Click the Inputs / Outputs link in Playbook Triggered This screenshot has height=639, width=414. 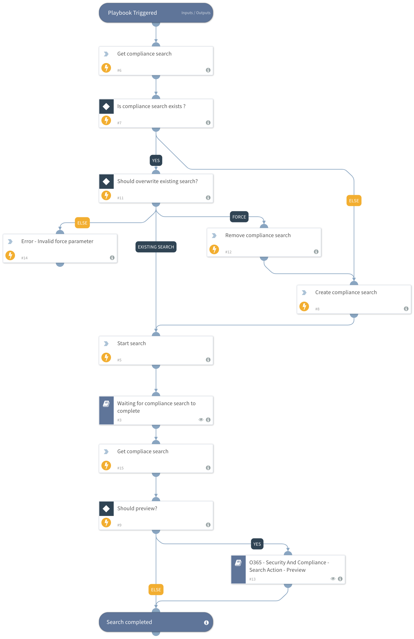point(196,13)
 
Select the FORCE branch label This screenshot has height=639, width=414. point(239,217)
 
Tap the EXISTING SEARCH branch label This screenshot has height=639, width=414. point(156,247)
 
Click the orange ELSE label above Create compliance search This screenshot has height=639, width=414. point(354,200)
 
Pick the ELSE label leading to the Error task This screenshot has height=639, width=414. point(82,223)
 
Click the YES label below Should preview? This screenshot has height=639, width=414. point(257,544)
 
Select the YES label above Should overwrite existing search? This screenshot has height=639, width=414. point(156,160)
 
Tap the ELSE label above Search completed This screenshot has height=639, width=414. point(156,589)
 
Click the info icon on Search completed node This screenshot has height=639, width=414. point(206,622)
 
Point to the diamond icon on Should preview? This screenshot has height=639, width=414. point(106,508)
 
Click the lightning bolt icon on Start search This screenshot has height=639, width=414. point(106,357)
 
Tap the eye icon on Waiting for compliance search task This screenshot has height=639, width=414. point(201,420)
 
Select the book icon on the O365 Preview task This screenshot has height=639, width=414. point(238,563)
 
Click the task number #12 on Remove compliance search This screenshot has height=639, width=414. point(228,252)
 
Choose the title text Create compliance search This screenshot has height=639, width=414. point(346,292)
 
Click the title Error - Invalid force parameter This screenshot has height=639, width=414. point(57,241)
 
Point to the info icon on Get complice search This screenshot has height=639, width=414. point(208,468)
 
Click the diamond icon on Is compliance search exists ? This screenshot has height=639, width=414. point(106,106)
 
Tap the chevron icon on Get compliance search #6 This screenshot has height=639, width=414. point(106,54)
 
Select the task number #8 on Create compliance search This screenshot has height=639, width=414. point(317,309)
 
